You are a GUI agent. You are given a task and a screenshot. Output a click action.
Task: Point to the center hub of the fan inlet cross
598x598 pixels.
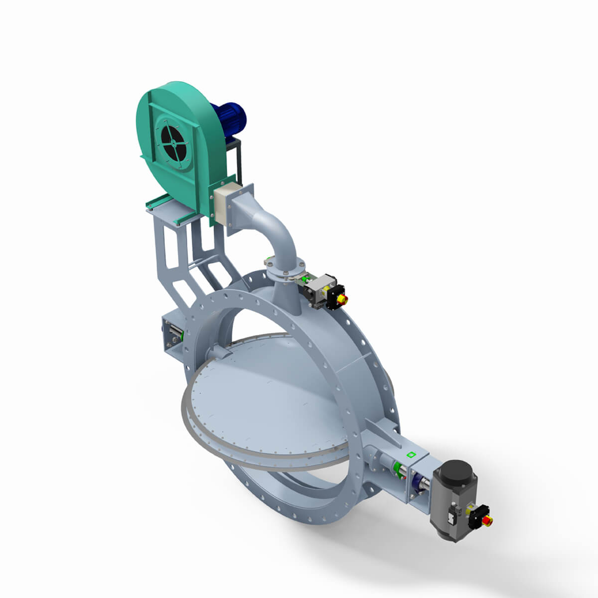pyautogui.click(x=172, y=141)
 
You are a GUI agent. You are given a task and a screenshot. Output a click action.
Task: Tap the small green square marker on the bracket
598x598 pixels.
pyautogui.click(x=411, y=454)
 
